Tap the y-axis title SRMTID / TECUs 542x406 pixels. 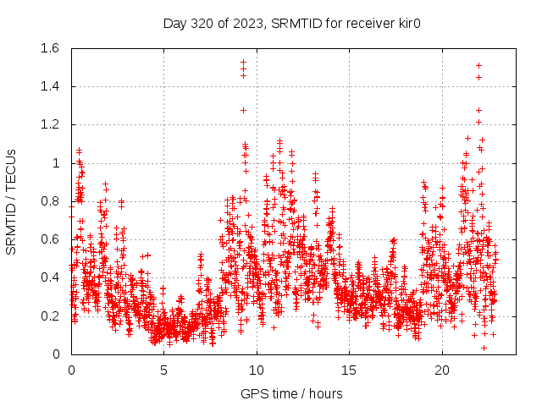11,201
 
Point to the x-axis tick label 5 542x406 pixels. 164,370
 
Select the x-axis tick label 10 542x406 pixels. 257,370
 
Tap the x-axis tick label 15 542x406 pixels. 349,370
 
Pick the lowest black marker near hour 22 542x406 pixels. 484,348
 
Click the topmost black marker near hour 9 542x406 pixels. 243,62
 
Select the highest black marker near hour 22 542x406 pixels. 478,65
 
